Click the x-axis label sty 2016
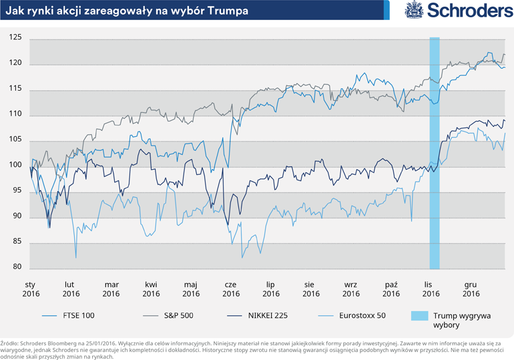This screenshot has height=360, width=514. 31,288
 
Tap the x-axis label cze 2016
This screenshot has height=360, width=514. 231,288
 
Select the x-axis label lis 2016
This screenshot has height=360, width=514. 431,288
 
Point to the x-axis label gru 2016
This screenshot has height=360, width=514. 471,288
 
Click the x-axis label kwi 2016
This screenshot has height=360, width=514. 151,288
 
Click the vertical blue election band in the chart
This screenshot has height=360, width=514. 434,154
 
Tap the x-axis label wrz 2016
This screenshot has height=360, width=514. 351,288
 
